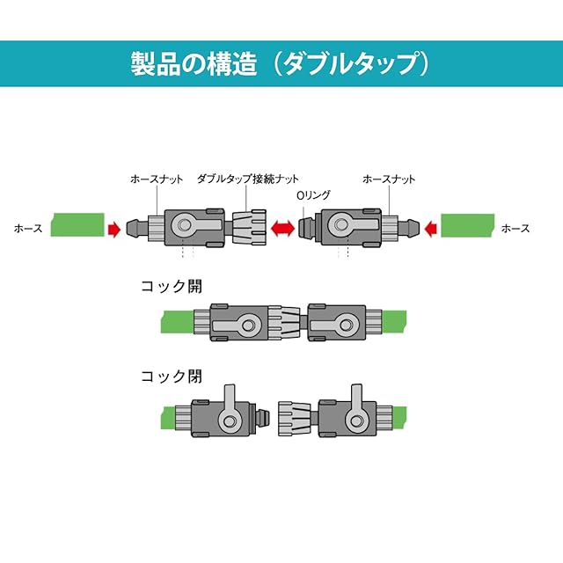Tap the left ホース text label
click(x=27, y=228)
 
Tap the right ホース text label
click(x=515, y=228)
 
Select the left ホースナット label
click(x=157, y=179)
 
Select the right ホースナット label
click(x=389, y=179)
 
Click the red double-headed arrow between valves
click(x=282, y=229)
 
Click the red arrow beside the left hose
click(x=113, y=229)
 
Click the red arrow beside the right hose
click(x=430, y=229)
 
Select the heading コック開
click(x=172, y=286)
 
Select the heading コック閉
click(x=172, y=377)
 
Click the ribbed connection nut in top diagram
click(x=248, y=228)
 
